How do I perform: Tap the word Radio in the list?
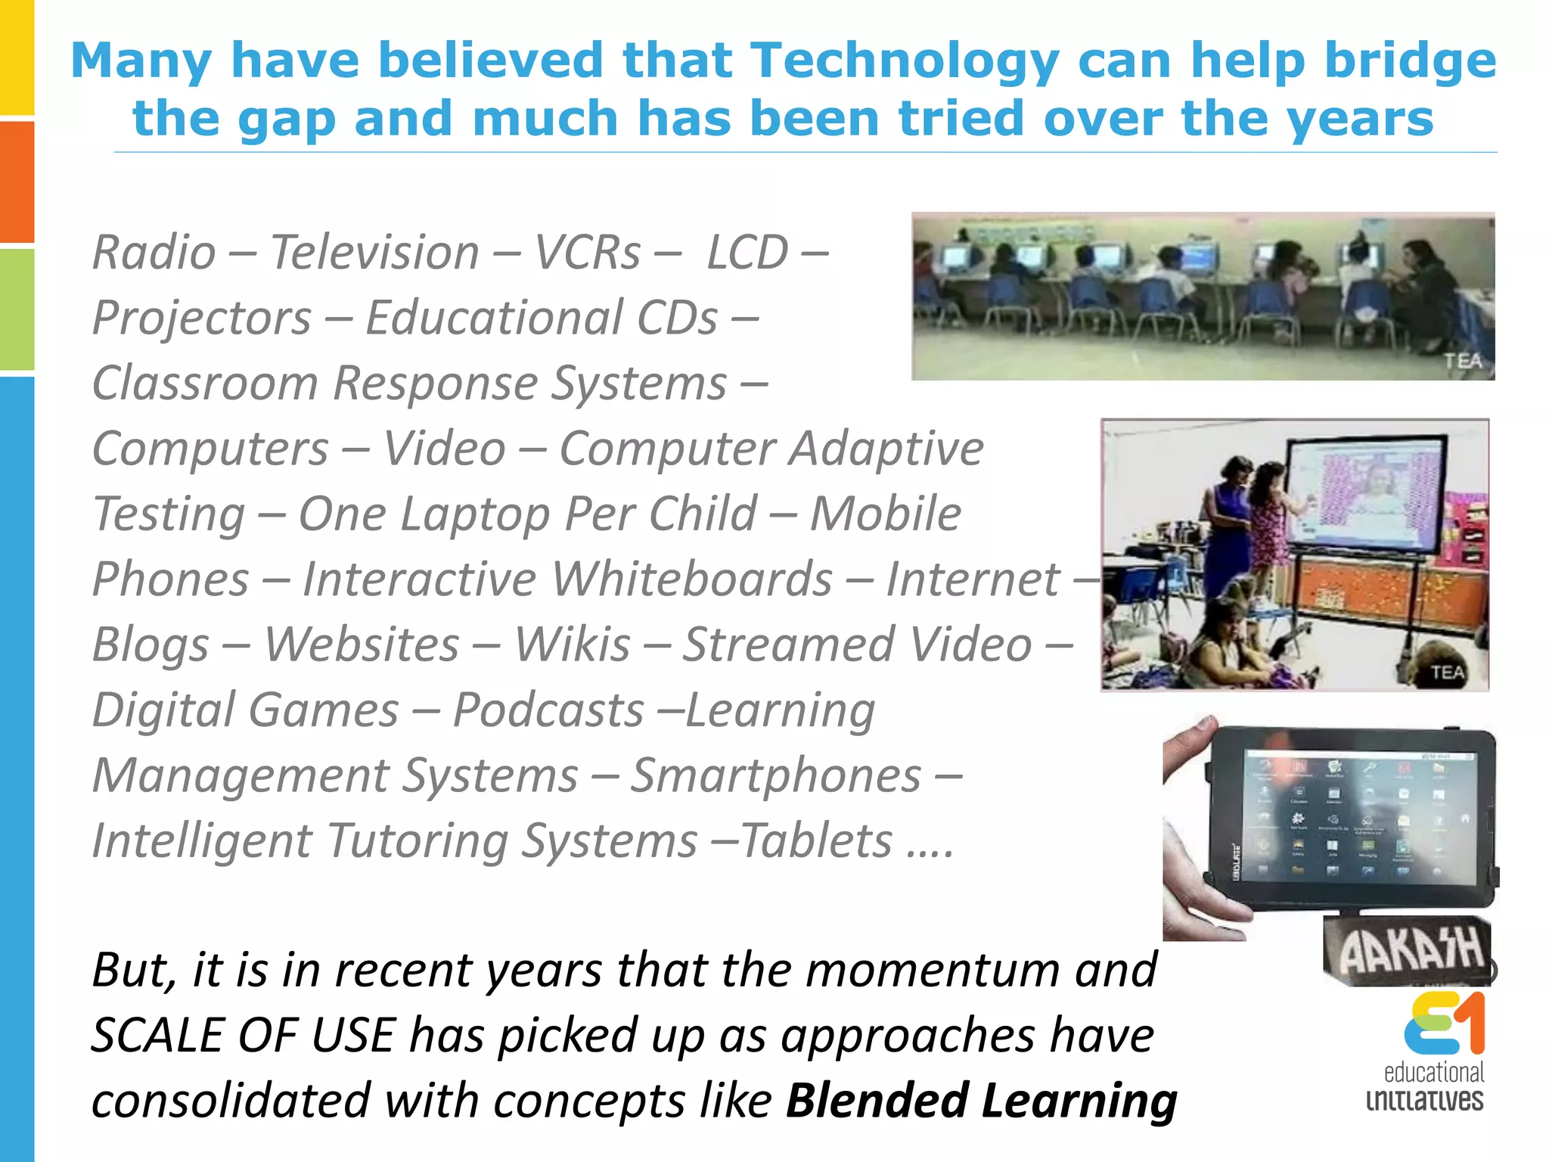point(154,252)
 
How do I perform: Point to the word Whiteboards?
point(691,579)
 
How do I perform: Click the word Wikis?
point(572,645)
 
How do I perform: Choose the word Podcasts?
point(548,710)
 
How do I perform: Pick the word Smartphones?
point(776,775)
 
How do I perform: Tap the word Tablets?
point(817,840)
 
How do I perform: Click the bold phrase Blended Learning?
point(981,1100)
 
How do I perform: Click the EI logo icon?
point(1444,1024)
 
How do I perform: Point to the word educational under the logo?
point(1433,1072)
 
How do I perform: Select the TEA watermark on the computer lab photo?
point(1463,362)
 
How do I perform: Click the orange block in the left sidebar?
point(17,182)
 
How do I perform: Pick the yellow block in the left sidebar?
point(17,57)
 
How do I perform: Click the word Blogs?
point(151,645)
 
